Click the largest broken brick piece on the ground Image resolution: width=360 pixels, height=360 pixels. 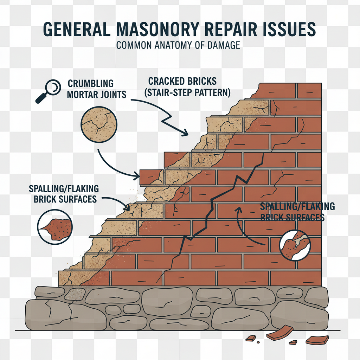(280, 332)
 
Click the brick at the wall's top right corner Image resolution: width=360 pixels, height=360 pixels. (309, 90)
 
